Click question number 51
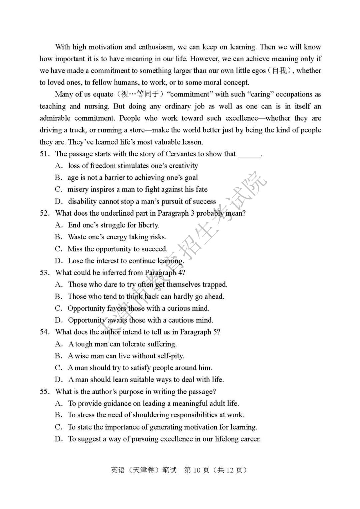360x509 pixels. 44,154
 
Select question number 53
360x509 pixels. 44,273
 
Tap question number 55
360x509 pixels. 44,392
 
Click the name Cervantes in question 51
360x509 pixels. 181,154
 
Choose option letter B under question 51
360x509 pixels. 59,178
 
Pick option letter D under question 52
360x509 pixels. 59,261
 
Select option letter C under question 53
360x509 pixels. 59,308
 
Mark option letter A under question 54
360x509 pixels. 59,344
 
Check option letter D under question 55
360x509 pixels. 59,439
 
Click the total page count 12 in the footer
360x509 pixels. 230,470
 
